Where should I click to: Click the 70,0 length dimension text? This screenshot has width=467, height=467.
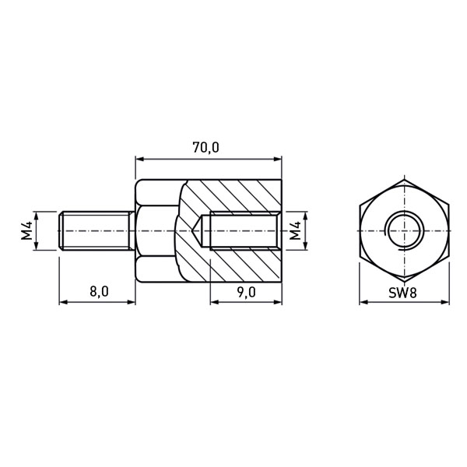point(205,148)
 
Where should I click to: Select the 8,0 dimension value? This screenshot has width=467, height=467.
point(99,292)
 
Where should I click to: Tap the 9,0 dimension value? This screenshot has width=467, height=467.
point(246,292)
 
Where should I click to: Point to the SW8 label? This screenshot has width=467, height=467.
point(402,293)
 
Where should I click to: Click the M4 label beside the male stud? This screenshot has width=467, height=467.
point(26,231)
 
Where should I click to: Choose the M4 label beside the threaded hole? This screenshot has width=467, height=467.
point(295,231)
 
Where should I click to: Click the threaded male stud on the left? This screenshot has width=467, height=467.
point(97,231)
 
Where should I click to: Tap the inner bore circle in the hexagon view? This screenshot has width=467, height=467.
point(404,231)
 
